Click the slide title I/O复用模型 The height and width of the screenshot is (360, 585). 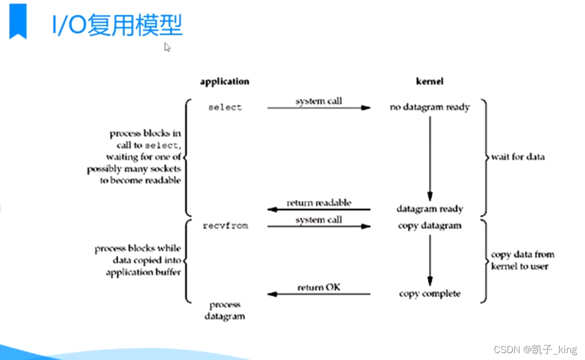point(117,26)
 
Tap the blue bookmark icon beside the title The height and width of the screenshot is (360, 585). point(18,21)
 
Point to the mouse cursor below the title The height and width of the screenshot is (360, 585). point(167,47)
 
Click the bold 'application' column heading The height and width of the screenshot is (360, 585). point(224,81)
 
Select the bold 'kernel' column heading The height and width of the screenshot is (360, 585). point(429,81)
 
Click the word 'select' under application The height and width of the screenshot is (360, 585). point(225,107)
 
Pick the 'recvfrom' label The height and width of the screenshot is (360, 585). point(225,226)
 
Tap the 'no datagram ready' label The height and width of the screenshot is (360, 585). point(429,107)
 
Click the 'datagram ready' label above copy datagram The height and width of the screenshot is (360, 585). point(429,209)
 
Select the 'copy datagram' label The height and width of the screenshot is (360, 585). point(429,226)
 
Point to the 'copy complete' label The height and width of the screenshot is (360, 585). point(429,293)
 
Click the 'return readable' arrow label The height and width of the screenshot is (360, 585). point(319,203)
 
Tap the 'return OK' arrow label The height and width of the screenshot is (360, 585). point(319,288)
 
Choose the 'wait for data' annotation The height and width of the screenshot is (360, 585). point(517,157)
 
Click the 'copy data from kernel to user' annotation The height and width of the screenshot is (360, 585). point(522,260)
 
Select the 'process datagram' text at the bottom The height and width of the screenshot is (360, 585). point(225,310)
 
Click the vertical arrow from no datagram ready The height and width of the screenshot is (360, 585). point(429,158)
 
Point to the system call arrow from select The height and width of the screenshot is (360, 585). point(319,108)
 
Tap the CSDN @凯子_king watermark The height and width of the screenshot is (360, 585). point(535,349)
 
